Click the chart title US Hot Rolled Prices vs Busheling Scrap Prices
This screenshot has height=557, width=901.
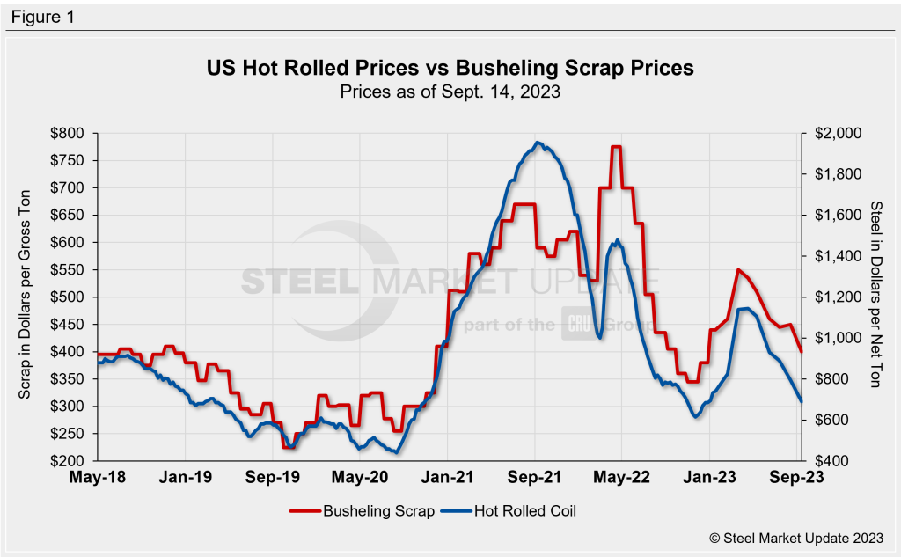coord(450,68)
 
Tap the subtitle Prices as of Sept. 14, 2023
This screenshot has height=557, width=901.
coord(450,90)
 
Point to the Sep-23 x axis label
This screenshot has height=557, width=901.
coord(798,479)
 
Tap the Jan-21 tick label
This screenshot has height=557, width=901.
coord(449,479)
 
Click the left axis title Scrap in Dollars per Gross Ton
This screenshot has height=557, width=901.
coord(26,297)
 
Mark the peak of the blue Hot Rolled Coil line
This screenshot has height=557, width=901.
coord(538,143)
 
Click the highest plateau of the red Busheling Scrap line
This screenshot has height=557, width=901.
coord(616,147)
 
